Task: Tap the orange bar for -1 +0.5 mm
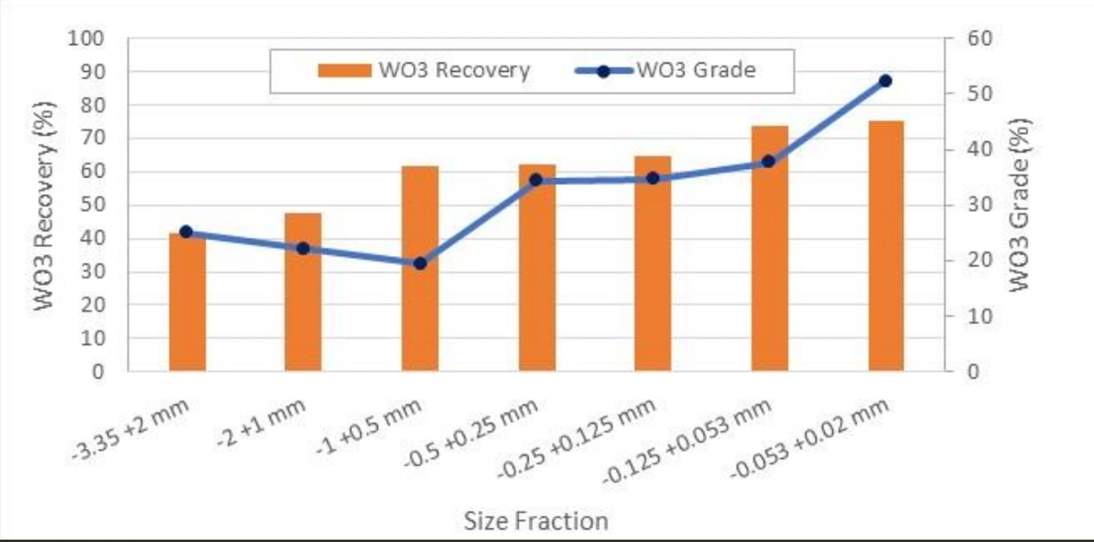coord(420,316)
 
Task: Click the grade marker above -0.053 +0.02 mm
coord(885,81)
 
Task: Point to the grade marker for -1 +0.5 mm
coord(420,263)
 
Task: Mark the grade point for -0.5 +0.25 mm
coord(536,180)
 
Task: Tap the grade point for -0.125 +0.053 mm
coord(769,161)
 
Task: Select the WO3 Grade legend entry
coord(671,70)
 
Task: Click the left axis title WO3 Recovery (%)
coord(44,205)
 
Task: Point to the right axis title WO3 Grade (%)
coord(1021,205)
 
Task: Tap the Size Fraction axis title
coord(536,521)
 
